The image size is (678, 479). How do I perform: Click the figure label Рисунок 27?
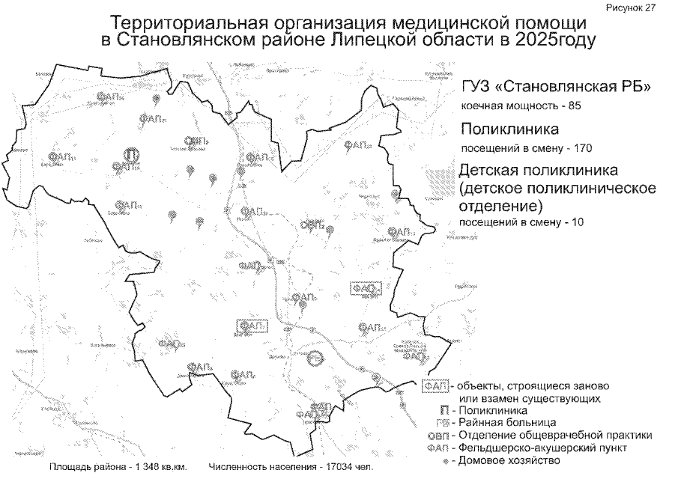tap(647, 6)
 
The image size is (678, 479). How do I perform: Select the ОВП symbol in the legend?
tap(438, 435)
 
